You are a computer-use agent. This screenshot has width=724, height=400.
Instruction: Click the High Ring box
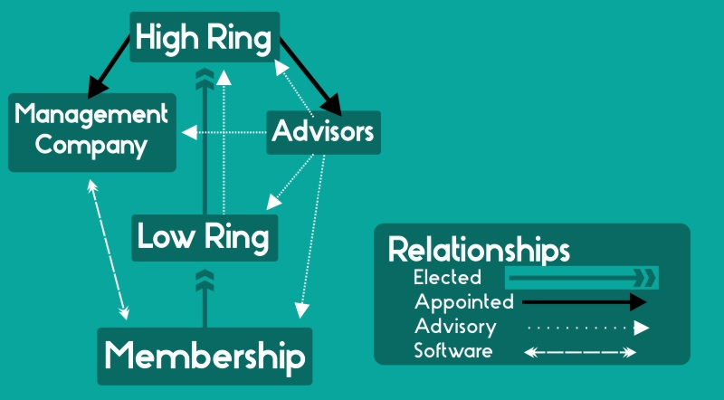[204, 38]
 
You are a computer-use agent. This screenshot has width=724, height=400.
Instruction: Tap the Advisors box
[323, 132]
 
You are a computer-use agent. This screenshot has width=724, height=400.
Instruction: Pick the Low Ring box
[204, 237]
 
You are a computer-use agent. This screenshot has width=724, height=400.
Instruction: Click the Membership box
[204, 355]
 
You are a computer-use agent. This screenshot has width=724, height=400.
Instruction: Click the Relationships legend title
[479, 249]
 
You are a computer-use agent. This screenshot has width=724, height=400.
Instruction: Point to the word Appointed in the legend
[464, 301]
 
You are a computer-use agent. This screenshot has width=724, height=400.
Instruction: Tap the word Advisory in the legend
[455, 326]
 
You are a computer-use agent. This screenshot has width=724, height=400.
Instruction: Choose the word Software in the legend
[453, 350]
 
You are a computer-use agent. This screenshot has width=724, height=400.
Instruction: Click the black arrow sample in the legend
[584, 301]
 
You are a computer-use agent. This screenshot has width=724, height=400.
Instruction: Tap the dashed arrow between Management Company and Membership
[108, 249]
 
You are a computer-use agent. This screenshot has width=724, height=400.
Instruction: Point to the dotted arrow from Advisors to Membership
[312, 235]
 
